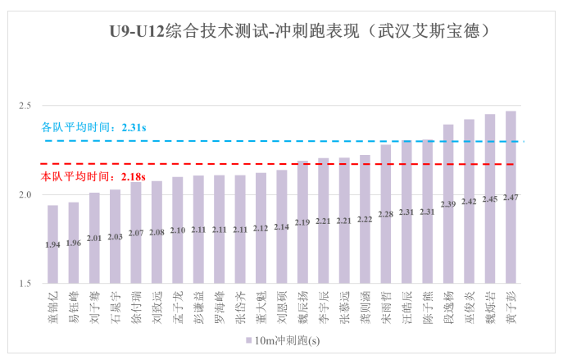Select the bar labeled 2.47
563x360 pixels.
[511, 197]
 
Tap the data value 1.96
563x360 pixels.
[74, 244]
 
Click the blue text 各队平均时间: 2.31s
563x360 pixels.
[93, 128]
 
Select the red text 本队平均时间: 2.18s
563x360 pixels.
[93, 176]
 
